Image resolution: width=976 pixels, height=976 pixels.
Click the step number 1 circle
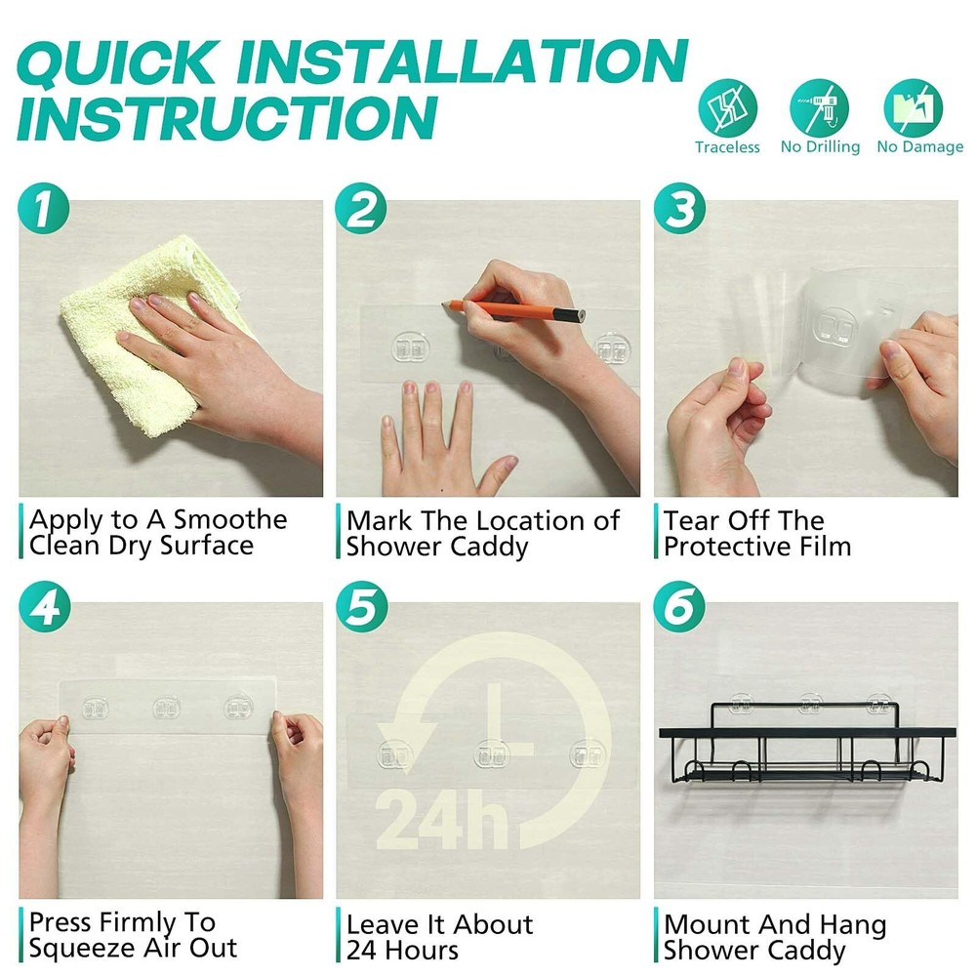pyautogui.click(x=44, y=209)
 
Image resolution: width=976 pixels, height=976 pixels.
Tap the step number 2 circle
pyautogui.click(x=361, y=209)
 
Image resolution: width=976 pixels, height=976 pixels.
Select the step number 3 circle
pyautogui.click(x=679, y=209)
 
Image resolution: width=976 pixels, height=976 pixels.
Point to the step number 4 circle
pyautogui.click(x=45, y=607)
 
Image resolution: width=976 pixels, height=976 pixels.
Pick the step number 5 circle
pyautogui.click(x=362, y=607)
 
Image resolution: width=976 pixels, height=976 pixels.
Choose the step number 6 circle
pyautogui.click(x=679, y=607)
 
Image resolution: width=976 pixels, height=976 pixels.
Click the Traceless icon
pyautogui.click(x=728, y=107)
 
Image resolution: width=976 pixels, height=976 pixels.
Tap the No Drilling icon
pyautogui.click(x=820, y=107)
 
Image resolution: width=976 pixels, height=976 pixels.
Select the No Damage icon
pyautogui.click(x=914, y=107)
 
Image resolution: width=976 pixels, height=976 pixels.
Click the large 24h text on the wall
pyautogui.click(x=441, y=819)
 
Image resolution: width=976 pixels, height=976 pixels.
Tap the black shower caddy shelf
pyautogui.click(x=807, y=744)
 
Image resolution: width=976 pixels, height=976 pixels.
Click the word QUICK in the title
pyautogui.click(x=119, y=61)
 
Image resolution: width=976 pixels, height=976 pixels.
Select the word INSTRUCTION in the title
pyautogui.click(x=227, y=116)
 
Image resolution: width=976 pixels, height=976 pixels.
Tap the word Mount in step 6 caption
pyautogui.click(x=704, y=924)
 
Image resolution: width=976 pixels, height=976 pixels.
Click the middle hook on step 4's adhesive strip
pyautogui.click(x=166, y=708)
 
